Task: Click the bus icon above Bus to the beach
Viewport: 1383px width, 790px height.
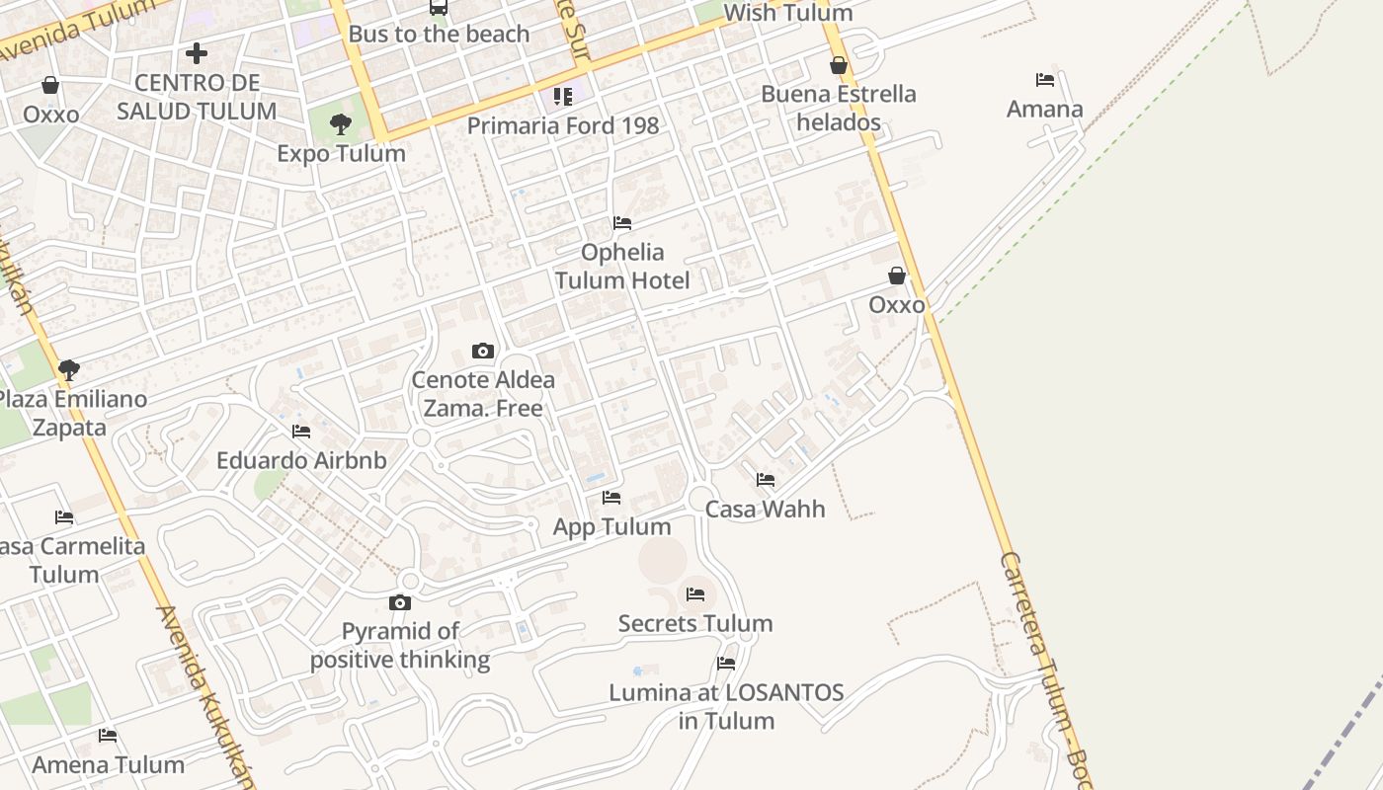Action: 438,8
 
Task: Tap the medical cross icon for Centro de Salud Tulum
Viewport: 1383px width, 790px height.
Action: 197,52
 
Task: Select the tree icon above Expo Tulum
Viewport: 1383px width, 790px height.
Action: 341,124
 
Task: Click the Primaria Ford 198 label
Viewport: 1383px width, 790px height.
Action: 562,125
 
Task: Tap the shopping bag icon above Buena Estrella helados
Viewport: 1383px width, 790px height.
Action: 839,65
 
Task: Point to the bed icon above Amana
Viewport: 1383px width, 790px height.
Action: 1044,80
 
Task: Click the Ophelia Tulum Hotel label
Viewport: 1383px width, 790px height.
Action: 621,266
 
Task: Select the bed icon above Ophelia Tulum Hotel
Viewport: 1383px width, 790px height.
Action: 621,223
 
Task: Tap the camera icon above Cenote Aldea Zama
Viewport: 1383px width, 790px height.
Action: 482,351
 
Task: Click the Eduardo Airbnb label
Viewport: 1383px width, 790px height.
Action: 301,460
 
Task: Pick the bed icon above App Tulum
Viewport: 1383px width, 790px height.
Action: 611,498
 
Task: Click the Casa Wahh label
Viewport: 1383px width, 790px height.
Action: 765,509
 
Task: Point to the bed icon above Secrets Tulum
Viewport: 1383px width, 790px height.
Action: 695,594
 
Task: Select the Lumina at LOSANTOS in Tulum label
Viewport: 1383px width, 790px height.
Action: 726,706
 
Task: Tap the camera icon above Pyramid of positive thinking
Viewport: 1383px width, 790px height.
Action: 399,603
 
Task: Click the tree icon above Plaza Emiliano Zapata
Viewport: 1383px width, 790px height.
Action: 68,370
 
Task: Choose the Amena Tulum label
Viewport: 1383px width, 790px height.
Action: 108,764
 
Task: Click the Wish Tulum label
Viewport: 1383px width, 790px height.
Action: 787,13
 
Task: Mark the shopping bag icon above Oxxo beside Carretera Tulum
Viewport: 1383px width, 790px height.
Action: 896,276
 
